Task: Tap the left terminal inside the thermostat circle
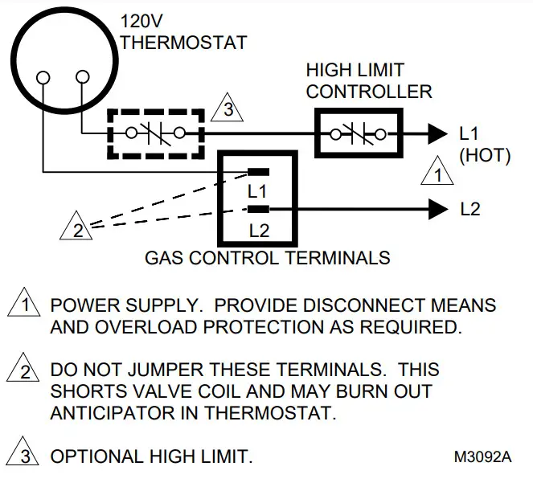coord(43,79)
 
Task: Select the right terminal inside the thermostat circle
coord(82,78)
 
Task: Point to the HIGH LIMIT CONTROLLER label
coord(369,80)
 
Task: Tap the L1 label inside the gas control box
coord(257,192)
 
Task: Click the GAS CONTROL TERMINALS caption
coord(267,259)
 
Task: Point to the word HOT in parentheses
coord(485,156)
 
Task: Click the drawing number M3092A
coord(482,458)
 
